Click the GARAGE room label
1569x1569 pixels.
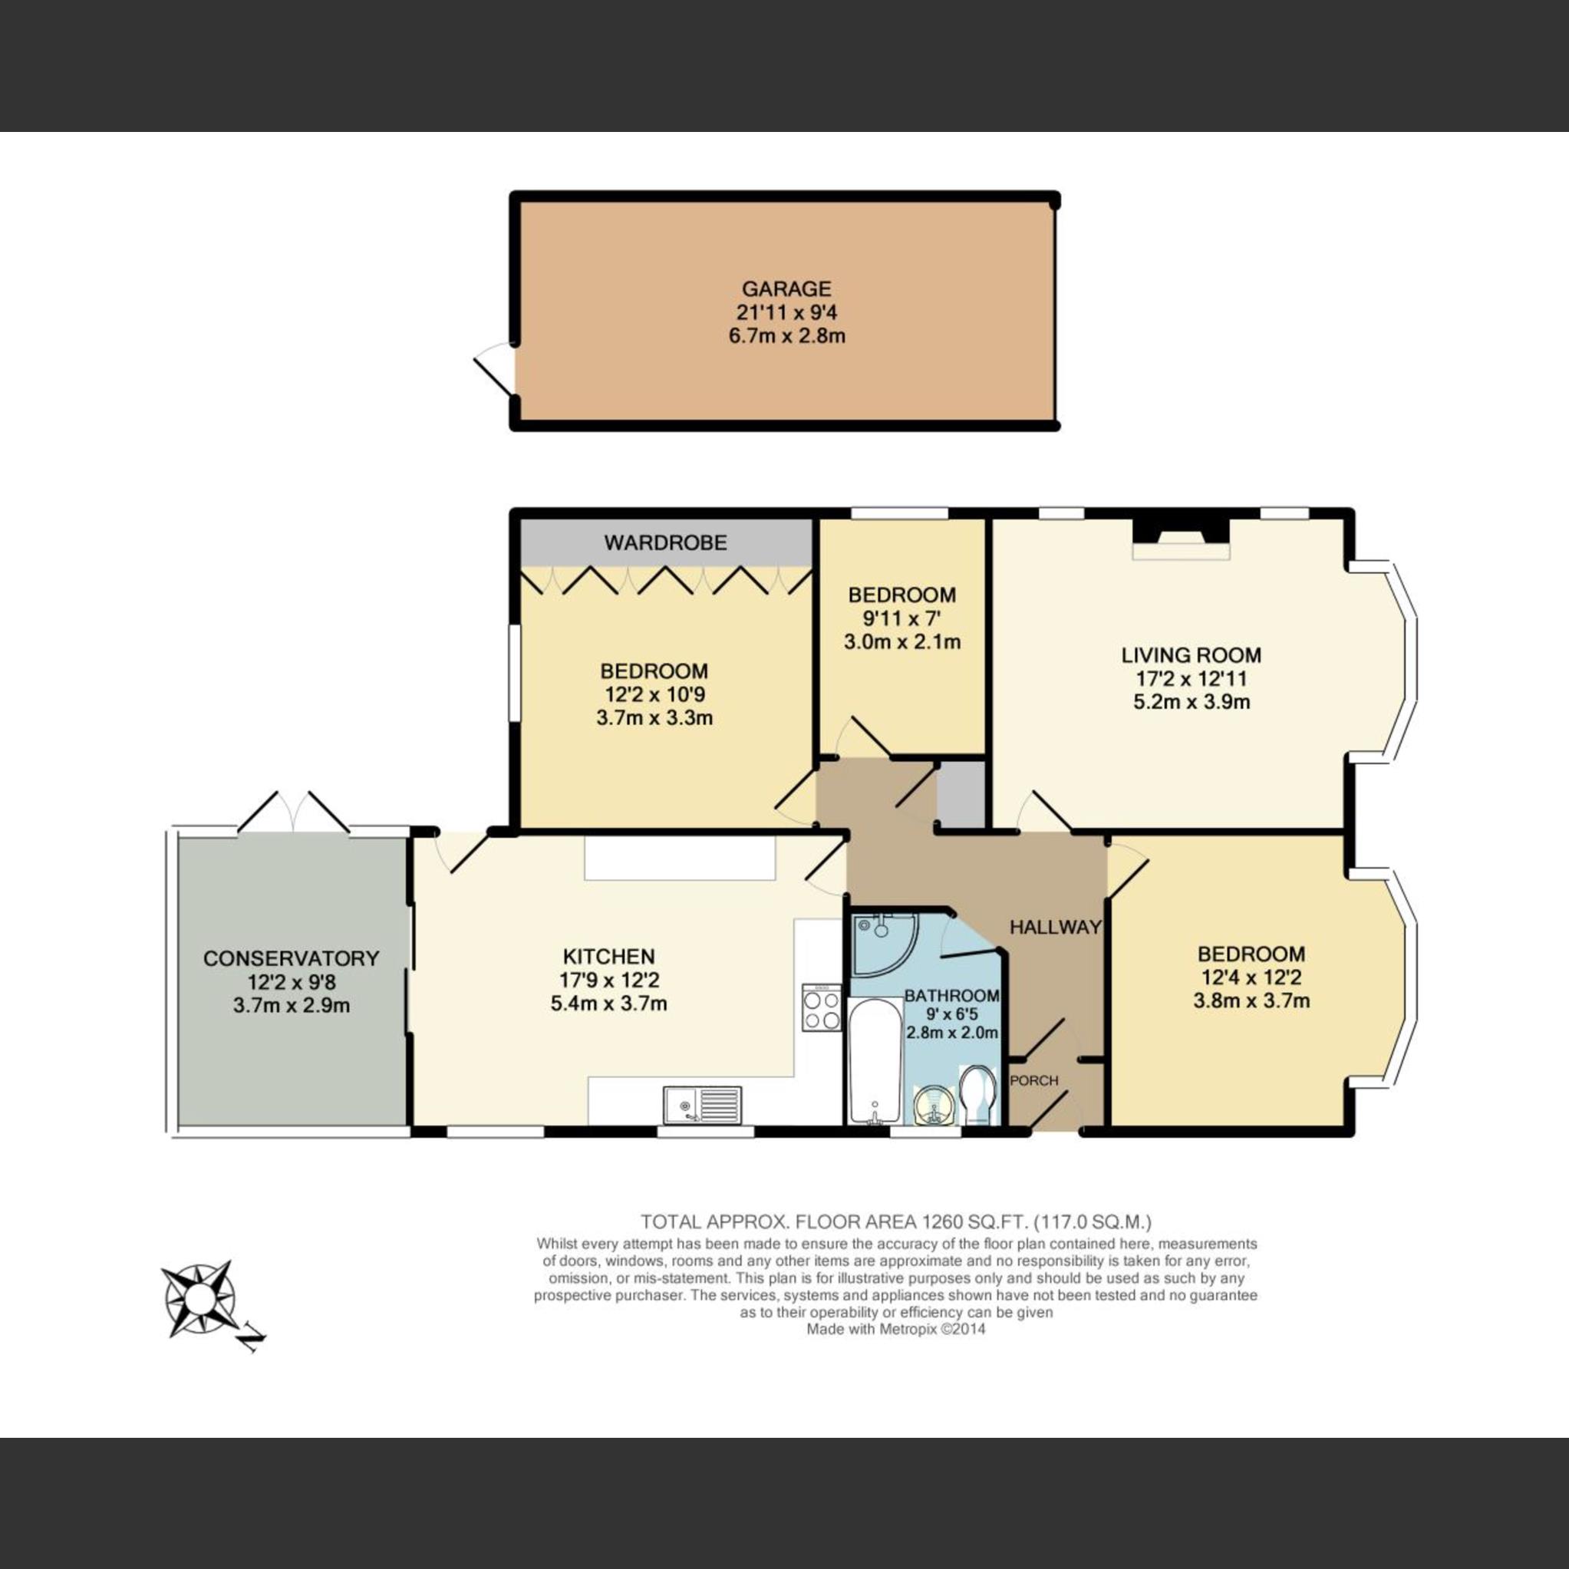[x=786, y=288]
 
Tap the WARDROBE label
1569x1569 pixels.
[x=665, y=542]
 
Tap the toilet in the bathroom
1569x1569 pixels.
[x=977, y=1095]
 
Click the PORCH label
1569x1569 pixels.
[x=1033, y=1080]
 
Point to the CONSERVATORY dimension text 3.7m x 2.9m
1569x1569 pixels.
[x=292, y=1005]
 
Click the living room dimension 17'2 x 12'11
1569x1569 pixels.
[x=1191, y=678]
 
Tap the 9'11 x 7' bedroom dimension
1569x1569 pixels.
[x=902, y=619]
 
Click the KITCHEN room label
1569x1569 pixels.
[x=609, y=956]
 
